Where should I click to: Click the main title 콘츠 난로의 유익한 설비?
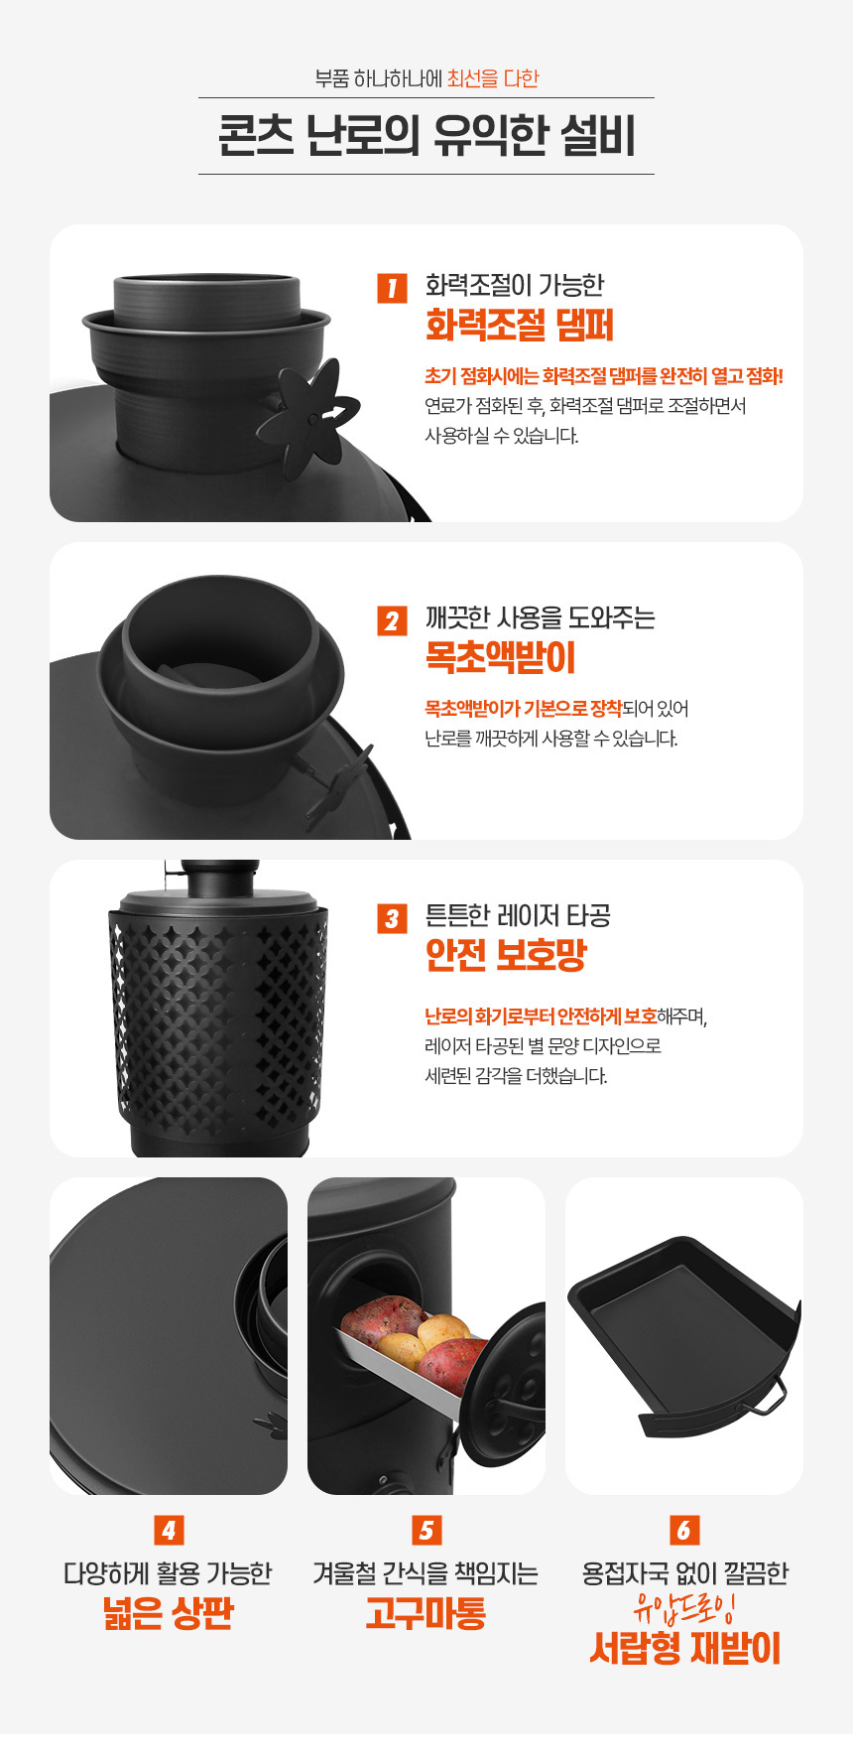426,136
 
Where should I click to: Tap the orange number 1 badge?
393,288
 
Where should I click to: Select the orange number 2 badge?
393,620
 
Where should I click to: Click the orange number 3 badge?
393,918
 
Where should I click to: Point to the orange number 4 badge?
169,1530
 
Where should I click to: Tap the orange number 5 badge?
426,1530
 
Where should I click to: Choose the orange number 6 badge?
684,1530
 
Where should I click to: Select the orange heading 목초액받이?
500,657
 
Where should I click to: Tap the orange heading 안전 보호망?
506,955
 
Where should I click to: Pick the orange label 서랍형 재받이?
684,1648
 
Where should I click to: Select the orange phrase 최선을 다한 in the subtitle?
493,78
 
